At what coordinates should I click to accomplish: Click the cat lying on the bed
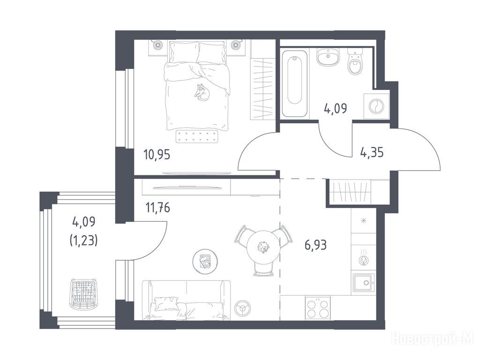pyautogui.click(x=202, y=92)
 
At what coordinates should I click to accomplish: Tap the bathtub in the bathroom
pyautogui.click(x=294, y=83)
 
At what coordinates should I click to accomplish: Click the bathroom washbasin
pyautogui.click(x=328, y=57)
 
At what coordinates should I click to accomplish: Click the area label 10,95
pyautogui.click(x=157, y=155)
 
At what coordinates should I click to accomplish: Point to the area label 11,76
pyautogui.click(x=157, y=208)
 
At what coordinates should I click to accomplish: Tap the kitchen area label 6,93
pyautogui.click(x=315, y=245)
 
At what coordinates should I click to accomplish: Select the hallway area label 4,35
pyautogui.click(x=372, y=152)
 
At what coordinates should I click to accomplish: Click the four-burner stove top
pyautogui.click(x=317, y=308)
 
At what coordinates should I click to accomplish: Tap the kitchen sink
pyautogui.click(x=363, y=283)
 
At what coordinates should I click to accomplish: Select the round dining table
pyautogui.click(x=263, y=247)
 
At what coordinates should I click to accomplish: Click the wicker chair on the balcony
pyautogui.click(x=83, y=294)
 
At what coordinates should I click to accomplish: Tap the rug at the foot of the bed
pyautogui.click(x=198, y=136)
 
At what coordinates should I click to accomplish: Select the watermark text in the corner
pyautogui.click(x=434, y=339)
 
